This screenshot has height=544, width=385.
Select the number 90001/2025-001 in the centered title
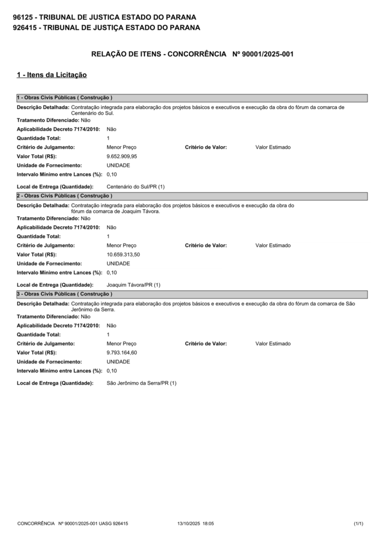click(264, 54)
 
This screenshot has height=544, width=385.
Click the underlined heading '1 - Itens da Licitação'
click(52, 75)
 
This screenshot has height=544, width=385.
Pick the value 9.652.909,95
click(122, 156)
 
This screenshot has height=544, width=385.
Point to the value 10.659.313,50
click(123, 254)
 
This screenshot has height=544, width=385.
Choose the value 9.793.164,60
click(122, 352)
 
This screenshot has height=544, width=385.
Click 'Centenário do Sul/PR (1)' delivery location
click(136, 187)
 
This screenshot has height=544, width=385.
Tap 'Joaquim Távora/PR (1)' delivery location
click(133, 285)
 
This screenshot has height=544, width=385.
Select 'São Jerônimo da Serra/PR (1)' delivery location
click(141, 383)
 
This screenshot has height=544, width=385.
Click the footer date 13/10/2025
click(188, 523)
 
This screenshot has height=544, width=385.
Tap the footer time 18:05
click(208, 523)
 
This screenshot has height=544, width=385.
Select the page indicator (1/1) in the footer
click(358, 523)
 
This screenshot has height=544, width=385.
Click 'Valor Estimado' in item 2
click(273, 245)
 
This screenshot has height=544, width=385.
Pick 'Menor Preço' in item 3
click(121, 344)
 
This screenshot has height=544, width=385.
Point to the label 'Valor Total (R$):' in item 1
click(37, 156)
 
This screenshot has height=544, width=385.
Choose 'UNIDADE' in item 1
click(118, 165)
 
